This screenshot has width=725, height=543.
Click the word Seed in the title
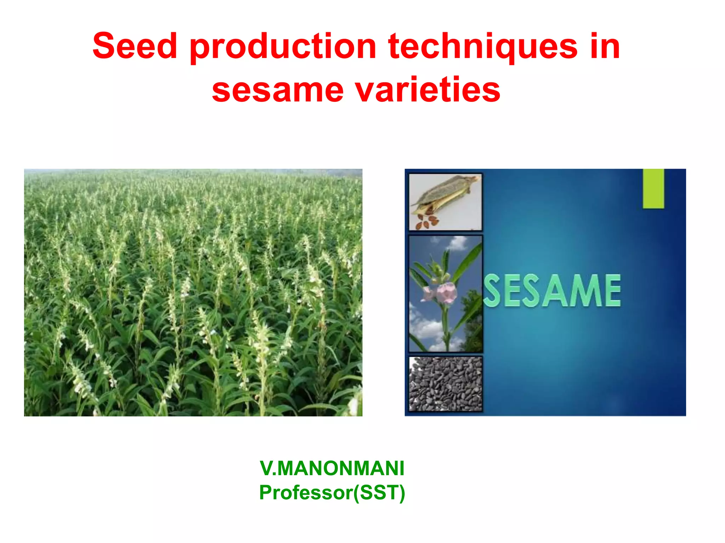[135, 46]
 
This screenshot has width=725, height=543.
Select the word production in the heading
[283, 48]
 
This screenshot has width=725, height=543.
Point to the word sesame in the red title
[278, 90]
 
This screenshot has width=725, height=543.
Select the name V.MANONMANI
[332, 468]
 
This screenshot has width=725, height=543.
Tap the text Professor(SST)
[332, 492]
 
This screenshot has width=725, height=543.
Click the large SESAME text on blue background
[552, 291]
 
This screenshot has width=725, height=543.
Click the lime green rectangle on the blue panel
[653, 188]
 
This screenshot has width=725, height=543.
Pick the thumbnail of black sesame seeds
[445, 384]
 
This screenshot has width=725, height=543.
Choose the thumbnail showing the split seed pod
[445, 202]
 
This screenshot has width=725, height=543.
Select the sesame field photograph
[193, 292]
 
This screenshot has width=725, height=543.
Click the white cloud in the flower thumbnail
[427, 331]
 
